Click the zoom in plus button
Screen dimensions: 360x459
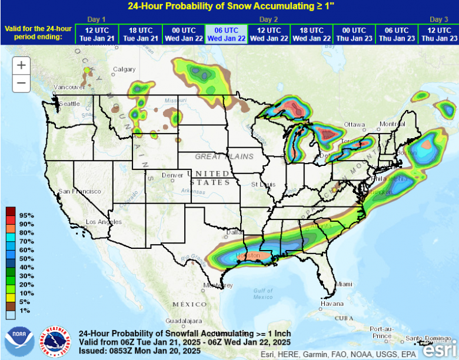pos(21,65)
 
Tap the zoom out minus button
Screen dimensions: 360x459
pos(21,83)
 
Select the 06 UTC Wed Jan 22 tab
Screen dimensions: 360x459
pos(226,34)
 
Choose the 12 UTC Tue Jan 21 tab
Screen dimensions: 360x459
pos(97,34)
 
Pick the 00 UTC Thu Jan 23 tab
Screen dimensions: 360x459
pos(354,34)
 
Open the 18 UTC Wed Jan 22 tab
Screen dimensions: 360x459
pos(311,34)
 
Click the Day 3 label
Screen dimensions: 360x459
pos(439,19)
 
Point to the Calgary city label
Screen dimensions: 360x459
pos(124,69)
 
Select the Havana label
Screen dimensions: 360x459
pos(332,304)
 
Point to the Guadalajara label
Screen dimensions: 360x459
pos(183,321)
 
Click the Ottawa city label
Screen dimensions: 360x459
pos(355,125)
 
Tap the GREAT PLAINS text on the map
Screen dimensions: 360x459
pos(224,156)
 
